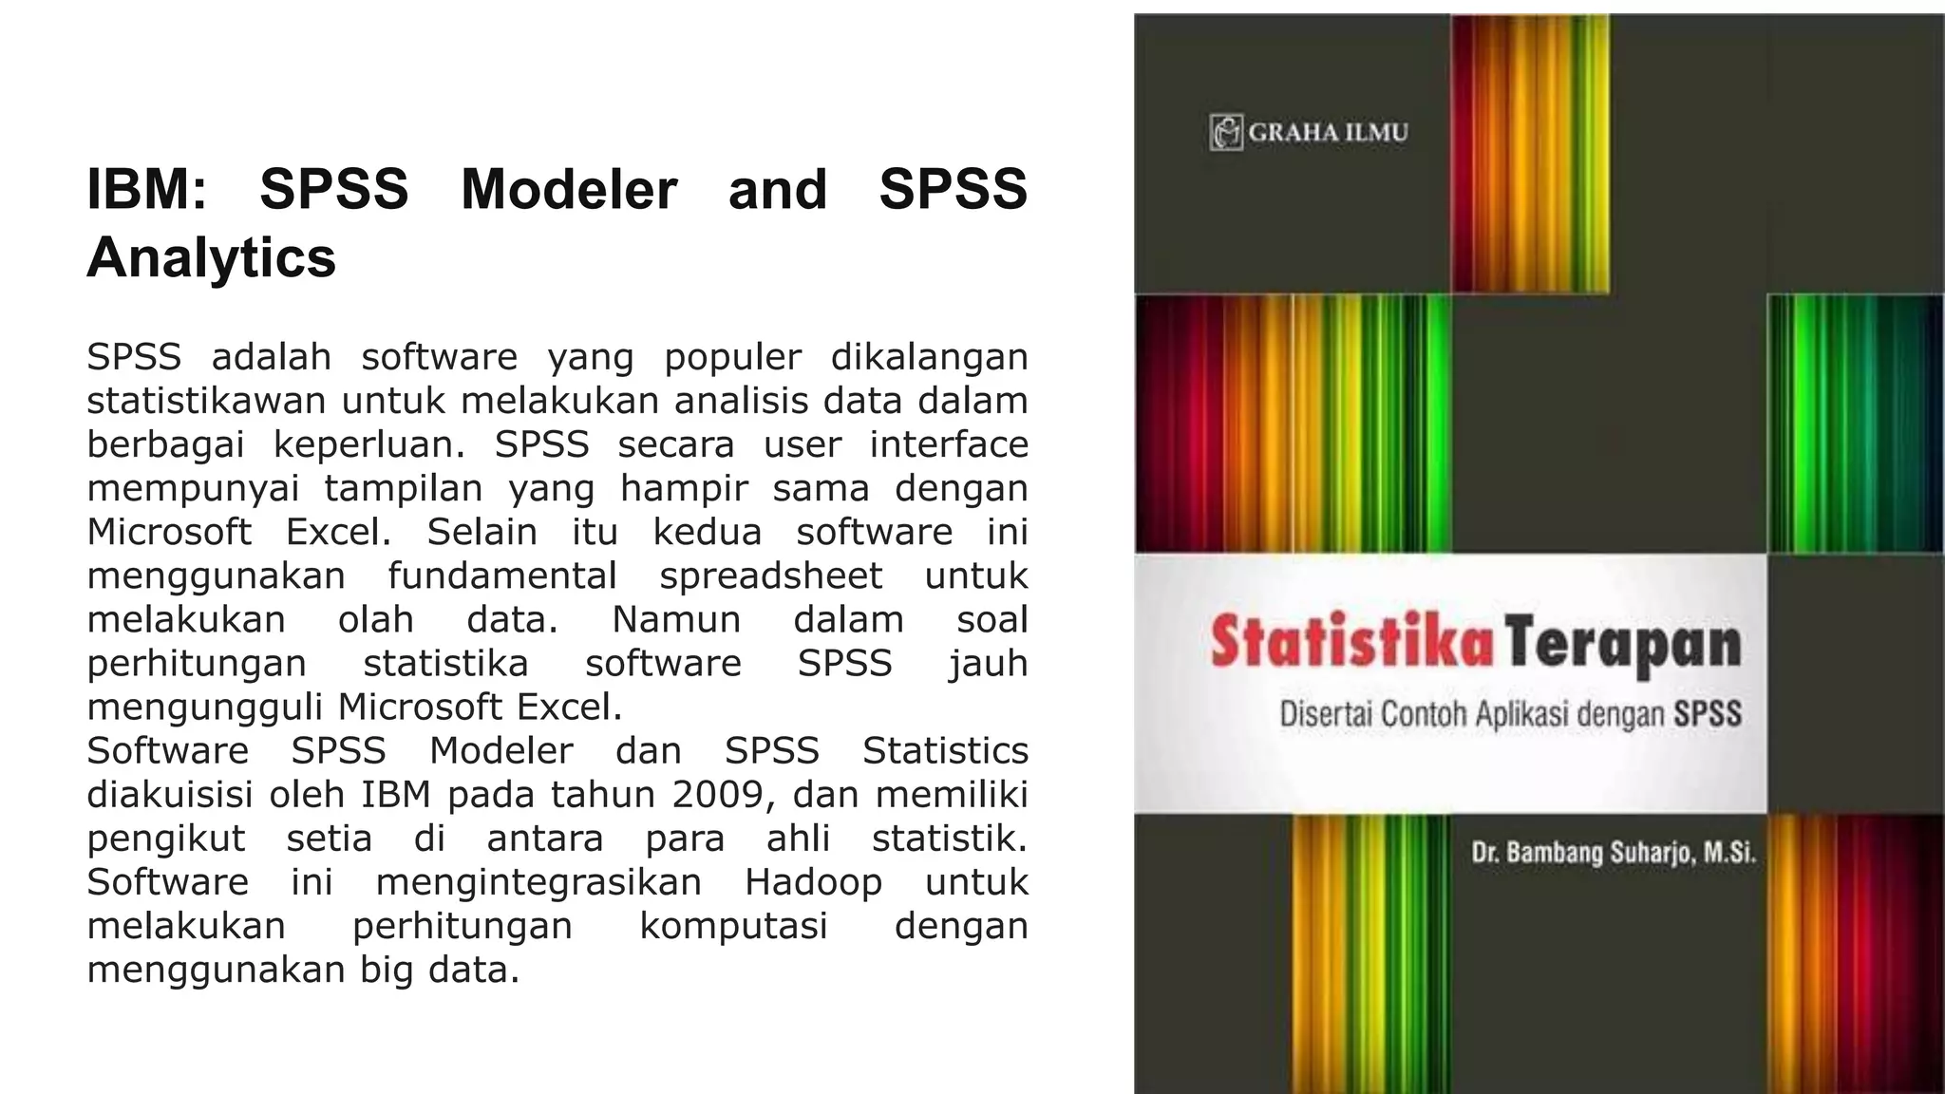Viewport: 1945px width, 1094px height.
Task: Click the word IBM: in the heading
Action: pos(146,189)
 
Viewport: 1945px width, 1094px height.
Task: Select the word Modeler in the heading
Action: pos(568,189)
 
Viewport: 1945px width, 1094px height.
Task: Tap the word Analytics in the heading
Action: pos(211,257)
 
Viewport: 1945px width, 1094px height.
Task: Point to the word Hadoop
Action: pos(813,881)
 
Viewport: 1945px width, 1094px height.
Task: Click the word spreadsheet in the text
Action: pos(770,575)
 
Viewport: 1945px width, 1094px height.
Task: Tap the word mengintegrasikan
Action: pos(538,881)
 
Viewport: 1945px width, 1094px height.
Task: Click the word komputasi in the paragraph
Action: pos(733,925)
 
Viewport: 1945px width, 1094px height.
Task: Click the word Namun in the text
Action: pos(675,619)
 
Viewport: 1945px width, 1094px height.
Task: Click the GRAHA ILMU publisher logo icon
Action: pos(1226,132)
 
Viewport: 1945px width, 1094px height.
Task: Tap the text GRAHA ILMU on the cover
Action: pos(1328,132)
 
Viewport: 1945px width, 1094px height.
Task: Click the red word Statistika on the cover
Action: pos(1351,643)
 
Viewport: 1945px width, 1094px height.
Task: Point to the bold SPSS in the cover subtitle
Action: pos(1707,714)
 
